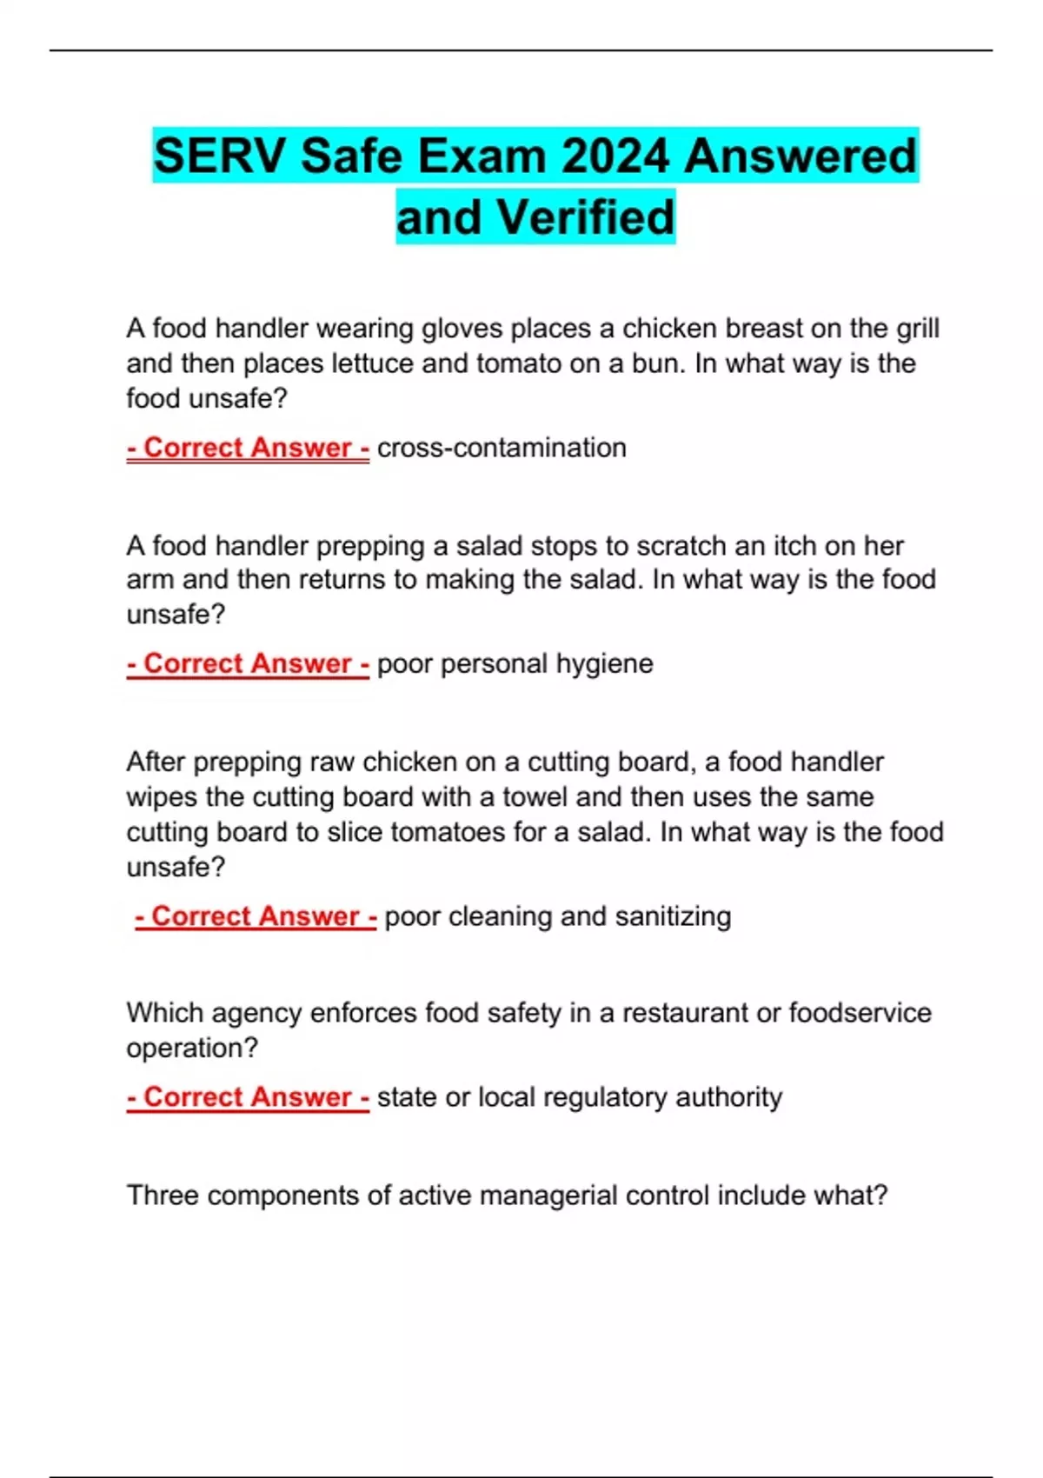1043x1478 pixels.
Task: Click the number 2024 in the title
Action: point(615,156)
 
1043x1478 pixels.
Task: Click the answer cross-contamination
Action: point(502,448)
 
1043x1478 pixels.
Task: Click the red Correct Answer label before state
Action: point(248,1097)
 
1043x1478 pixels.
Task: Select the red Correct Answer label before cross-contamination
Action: point(248,448)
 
